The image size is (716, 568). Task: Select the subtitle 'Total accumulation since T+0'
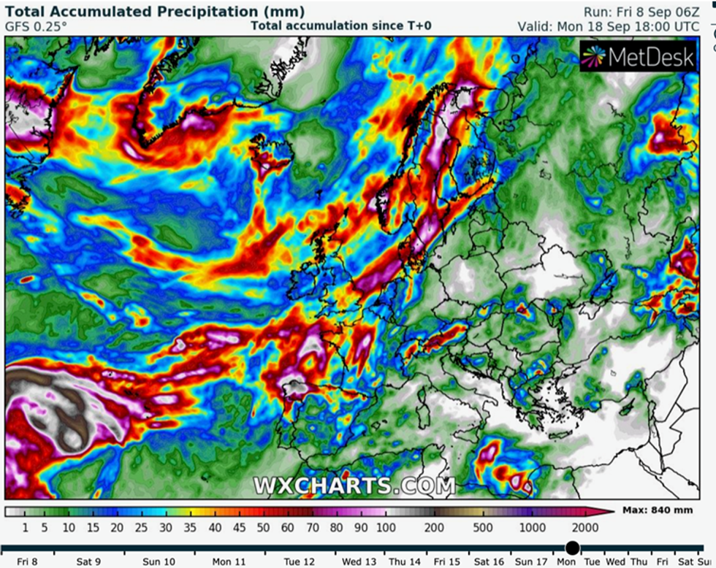[341, 26]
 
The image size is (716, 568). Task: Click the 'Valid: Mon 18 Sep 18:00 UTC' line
[608, 26]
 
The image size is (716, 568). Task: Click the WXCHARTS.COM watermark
[354, 486]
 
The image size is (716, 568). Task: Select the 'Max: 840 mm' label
[658, 510]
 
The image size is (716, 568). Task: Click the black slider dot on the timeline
[572, 548]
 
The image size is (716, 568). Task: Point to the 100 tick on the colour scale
[386, 528]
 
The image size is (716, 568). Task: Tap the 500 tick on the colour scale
[482, 528]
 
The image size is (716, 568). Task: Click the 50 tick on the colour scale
[263, 528]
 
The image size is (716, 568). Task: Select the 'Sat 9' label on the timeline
[88, 562]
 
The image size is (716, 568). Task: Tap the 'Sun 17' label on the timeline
[531, 562]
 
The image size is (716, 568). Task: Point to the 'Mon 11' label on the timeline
[229, 562]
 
